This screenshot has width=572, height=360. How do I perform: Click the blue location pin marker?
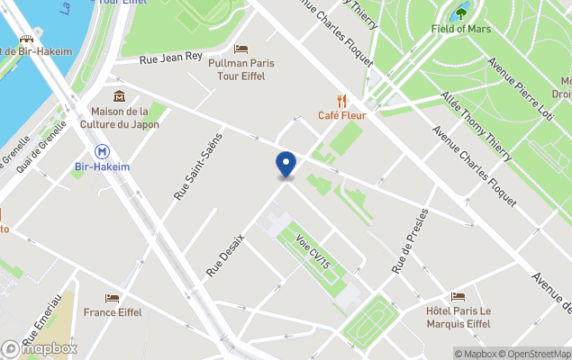286,165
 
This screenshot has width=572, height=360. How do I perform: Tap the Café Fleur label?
340,114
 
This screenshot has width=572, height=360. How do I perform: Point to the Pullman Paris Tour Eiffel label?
241,69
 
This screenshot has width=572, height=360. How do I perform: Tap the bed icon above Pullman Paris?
241,49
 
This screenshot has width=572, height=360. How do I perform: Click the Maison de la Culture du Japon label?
120,118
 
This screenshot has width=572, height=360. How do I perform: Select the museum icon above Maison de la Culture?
119,96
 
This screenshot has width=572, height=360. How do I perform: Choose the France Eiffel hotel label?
113,312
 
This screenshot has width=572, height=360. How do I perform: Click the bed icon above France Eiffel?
112,297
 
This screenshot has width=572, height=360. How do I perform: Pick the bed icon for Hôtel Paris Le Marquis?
459,296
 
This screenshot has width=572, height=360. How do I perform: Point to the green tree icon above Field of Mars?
462,13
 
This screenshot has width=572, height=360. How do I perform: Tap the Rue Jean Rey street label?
170,58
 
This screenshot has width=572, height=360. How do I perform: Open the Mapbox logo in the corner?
40,348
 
